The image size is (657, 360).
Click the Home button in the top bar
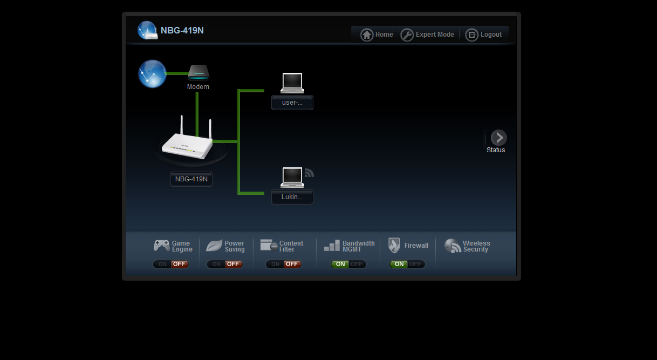coord(377,35)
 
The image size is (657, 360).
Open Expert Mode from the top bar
coord(428,35)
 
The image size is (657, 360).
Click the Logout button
coord(484,35)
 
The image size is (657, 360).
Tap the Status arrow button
coord(498,138)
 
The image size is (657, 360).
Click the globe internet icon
coord(152,73)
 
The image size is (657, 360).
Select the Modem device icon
coord(198,72)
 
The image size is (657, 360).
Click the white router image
coord(187,142)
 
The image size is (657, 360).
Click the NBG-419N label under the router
coord(191,179)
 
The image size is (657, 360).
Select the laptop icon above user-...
coord(292,83)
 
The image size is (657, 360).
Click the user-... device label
coord(292,103)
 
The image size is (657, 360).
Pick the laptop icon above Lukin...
coord(292,177)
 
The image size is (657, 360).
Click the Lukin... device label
coord(292,198)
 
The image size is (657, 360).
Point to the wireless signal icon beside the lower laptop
coord(309,173)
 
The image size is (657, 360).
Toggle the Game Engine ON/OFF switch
coord(171,264)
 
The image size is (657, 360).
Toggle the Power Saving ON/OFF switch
coord(225,264)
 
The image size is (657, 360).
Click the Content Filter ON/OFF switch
coord(284,264)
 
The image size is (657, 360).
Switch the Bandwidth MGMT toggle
coord(348,264)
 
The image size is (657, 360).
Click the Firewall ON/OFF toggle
coord(407,264)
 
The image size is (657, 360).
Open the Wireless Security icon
coord(453,246)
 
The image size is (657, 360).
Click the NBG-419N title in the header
coord(182,31)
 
